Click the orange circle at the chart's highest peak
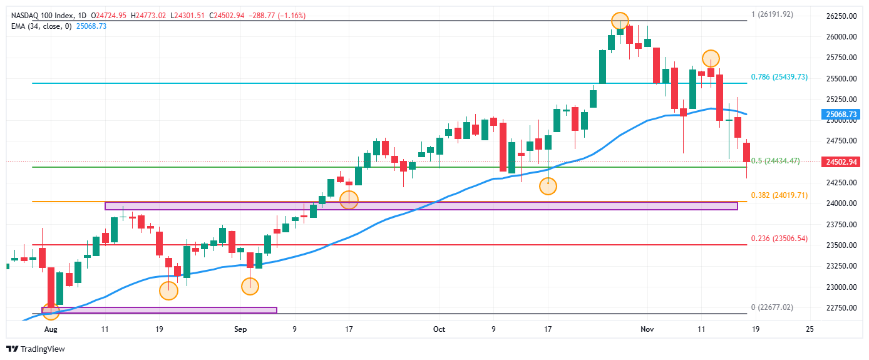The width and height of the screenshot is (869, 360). [619, 21]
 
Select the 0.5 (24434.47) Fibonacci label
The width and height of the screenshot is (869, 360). [775, 161]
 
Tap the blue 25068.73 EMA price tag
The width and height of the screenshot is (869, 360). [841, 115]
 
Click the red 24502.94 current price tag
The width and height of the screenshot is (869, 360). [841, 162]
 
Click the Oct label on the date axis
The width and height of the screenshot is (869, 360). [439, 329]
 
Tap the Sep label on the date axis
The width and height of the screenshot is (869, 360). [240, 329]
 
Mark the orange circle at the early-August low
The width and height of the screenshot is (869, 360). [50, 310]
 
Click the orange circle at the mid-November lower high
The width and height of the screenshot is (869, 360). [710, 58]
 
